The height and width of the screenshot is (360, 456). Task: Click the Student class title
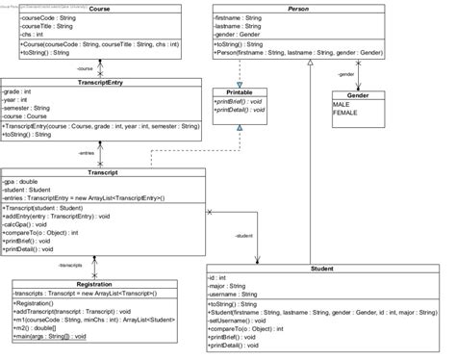pyautogui.click(x=322, y=268)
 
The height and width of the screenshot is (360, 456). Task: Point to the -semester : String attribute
pyautogui.click(x=31, y=108)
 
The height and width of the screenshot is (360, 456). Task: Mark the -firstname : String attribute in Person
pyautogui.click(x=241, y=17)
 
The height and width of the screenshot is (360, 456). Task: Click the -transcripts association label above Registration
pyautogui.click(x=73, y=263)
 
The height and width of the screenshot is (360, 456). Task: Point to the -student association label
pyautogui.click(x=243, y=235)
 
